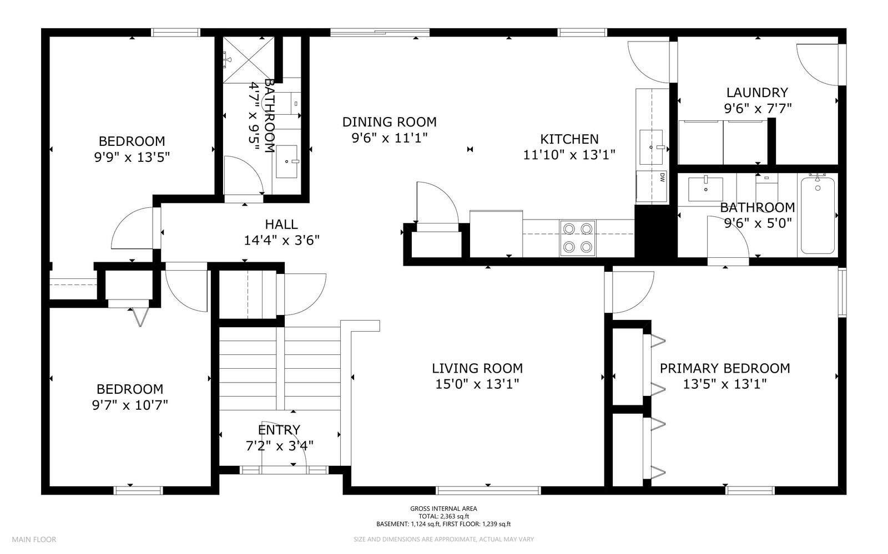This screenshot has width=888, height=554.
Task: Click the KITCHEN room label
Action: tap(569, 139)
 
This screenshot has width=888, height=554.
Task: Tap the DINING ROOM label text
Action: tap(389, 122)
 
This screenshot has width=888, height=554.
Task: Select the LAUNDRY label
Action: tap(757, 93)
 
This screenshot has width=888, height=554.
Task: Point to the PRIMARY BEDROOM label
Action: tap(725, 368)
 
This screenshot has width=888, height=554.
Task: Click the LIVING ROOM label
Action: tap(477, 368)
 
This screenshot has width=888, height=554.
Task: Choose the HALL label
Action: tap(281, 225)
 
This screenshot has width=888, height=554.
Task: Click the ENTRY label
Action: tap(279, 430)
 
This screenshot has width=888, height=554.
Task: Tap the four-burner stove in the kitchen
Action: tap(578, 238)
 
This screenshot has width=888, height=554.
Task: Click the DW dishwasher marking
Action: tap(662, 177)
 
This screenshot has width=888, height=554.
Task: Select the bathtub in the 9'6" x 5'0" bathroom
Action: tap(818, 215)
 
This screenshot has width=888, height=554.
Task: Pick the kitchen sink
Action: tap(651, 147)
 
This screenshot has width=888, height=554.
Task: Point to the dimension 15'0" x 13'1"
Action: tap(477, 384)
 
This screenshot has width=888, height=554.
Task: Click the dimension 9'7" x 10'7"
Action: tap(130, 405)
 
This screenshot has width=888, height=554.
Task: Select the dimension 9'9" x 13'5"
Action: tap(132, 157)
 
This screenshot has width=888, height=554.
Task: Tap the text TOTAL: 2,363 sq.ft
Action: tap(443, 516)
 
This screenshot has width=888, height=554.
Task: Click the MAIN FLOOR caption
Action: tap(34, 540)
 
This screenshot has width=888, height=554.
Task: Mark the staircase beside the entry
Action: tap(280, 368)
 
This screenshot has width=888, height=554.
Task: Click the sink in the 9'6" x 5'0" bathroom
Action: tap(705, 189)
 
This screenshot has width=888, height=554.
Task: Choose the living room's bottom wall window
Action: tap(488, 491)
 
